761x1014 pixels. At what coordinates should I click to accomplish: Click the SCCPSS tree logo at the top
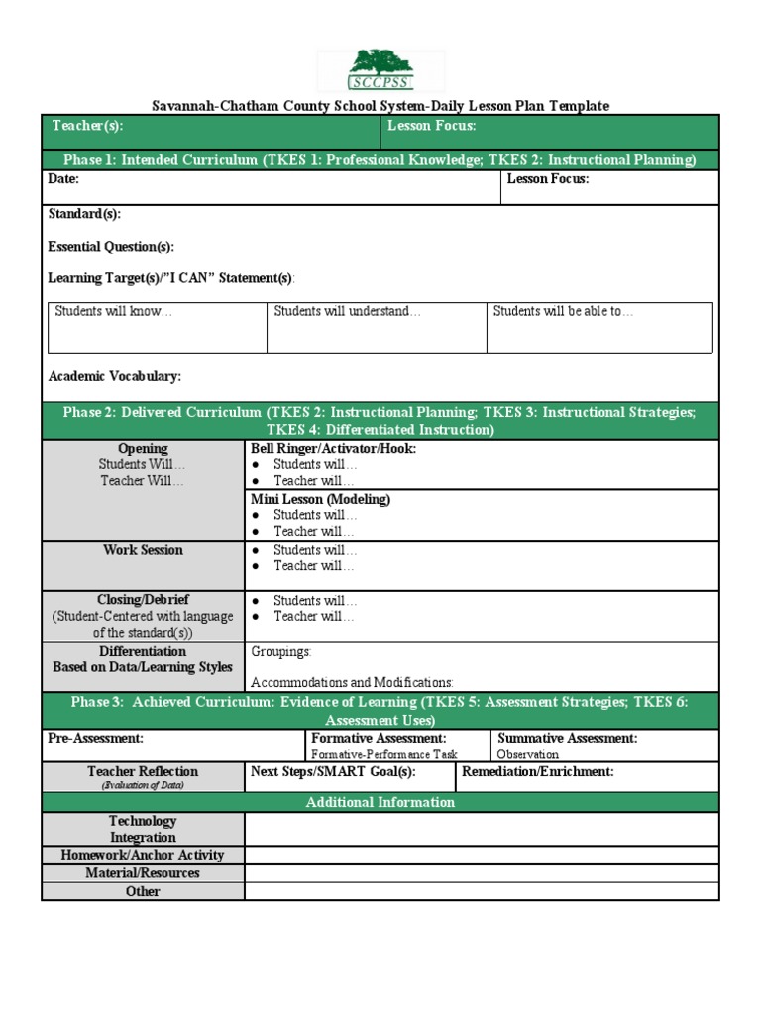point(380,70)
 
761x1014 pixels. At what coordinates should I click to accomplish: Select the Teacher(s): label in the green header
point(87,126)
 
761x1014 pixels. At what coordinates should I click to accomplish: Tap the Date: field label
point(63,179)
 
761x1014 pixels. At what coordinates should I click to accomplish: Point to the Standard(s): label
point(85,214)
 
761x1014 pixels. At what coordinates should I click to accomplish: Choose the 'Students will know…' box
point(157,327)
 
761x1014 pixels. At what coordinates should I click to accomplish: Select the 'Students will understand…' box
point(377,327)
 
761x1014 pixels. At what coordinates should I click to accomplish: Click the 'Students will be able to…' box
point(598,327)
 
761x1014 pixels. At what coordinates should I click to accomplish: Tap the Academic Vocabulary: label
point(115,376)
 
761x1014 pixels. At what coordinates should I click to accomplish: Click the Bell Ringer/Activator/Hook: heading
point(334,449)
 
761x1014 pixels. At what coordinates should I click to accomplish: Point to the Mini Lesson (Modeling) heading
point(320,499)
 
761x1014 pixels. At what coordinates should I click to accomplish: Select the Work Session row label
point(143,550)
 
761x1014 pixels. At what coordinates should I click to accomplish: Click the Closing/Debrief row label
point(143,600)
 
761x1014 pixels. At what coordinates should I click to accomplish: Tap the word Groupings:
point(281,652)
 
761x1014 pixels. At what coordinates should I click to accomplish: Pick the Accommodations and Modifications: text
point(352,683)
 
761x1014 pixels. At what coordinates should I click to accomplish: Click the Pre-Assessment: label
point(96,739)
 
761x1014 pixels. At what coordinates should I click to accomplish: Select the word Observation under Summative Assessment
point(527,755)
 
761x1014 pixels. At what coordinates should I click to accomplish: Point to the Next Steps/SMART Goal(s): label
point(333,771)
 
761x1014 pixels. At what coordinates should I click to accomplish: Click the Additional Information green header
point(380,802)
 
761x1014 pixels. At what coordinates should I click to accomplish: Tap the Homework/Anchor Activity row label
point(143,855)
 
